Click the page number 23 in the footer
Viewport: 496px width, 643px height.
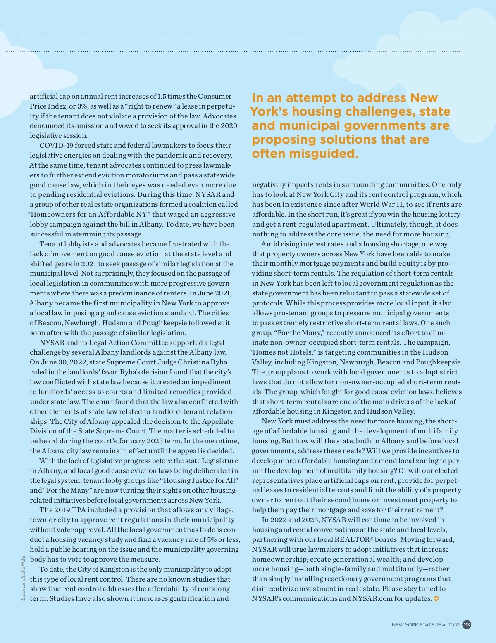pos(467,624)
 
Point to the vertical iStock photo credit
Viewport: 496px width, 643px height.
pos(23,578)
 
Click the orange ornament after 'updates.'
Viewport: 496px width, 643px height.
pos(436,599)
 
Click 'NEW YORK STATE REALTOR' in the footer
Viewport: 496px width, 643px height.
pos(425,625)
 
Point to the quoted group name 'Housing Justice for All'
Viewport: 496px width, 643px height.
pos(199,480)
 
